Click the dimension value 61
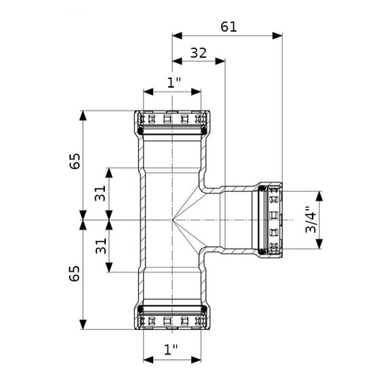tap(228, 27)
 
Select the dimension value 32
tap(199, 53)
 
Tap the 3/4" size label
tap(311, 220)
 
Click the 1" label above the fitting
tap(174, 83)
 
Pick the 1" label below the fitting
tap(171, 350)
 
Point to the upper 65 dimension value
tap(75, 161)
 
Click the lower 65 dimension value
tap(74, 273)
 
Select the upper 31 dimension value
tap(100, 193)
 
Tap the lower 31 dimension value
tap(101, 246)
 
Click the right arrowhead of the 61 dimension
tap(277, 36)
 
